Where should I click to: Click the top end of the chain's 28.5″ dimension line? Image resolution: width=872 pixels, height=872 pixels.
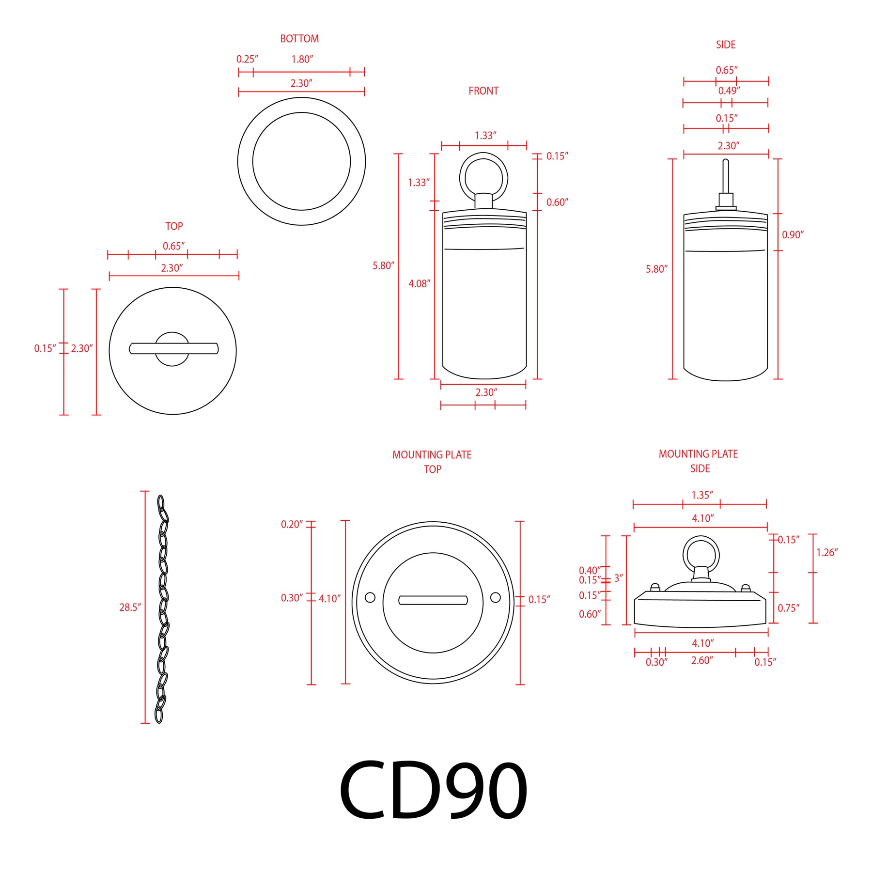(145, 491)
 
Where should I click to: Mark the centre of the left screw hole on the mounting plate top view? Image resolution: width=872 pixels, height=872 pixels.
(370, 597)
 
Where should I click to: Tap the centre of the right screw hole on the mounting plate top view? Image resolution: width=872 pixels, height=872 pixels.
(495, 597)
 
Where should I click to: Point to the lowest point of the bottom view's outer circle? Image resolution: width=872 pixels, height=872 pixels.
(301, 225)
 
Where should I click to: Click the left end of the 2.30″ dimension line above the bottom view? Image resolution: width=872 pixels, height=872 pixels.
(239, 92)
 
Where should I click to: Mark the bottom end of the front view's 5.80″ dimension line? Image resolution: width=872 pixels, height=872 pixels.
(398, 379)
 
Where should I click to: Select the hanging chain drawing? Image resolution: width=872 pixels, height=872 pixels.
(163, 609)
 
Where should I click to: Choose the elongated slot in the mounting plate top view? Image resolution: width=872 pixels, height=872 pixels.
(433, 600)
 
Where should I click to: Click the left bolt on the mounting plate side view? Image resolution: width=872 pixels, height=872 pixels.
(655, 588)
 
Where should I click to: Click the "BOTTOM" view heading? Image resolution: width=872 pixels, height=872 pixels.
(299, 39)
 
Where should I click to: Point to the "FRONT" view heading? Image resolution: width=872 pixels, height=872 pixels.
(483, 91)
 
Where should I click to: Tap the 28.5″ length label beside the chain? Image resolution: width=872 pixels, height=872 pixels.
(130, 607)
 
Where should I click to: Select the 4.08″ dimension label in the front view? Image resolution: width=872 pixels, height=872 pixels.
(419, 283)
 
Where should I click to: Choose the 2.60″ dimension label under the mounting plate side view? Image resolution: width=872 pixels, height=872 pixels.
(702, 660)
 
